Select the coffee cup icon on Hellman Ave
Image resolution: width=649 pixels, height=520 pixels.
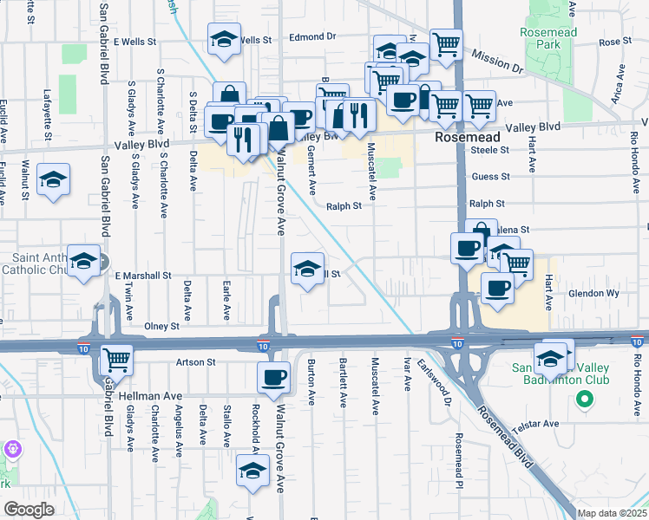[274, 376]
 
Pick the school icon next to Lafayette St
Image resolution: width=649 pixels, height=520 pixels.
[54, 179]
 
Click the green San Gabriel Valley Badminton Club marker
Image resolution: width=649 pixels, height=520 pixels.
[585, 400]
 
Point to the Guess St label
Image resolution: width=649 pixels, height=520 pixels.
[490, 176]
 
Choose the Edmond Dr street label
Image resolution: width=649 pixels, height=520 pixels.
[312, 37]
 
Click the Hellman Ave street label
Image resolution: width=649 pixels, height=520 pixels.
[157, 395]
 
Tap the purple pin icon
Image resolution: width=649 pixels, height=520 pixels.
[11, 449]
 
